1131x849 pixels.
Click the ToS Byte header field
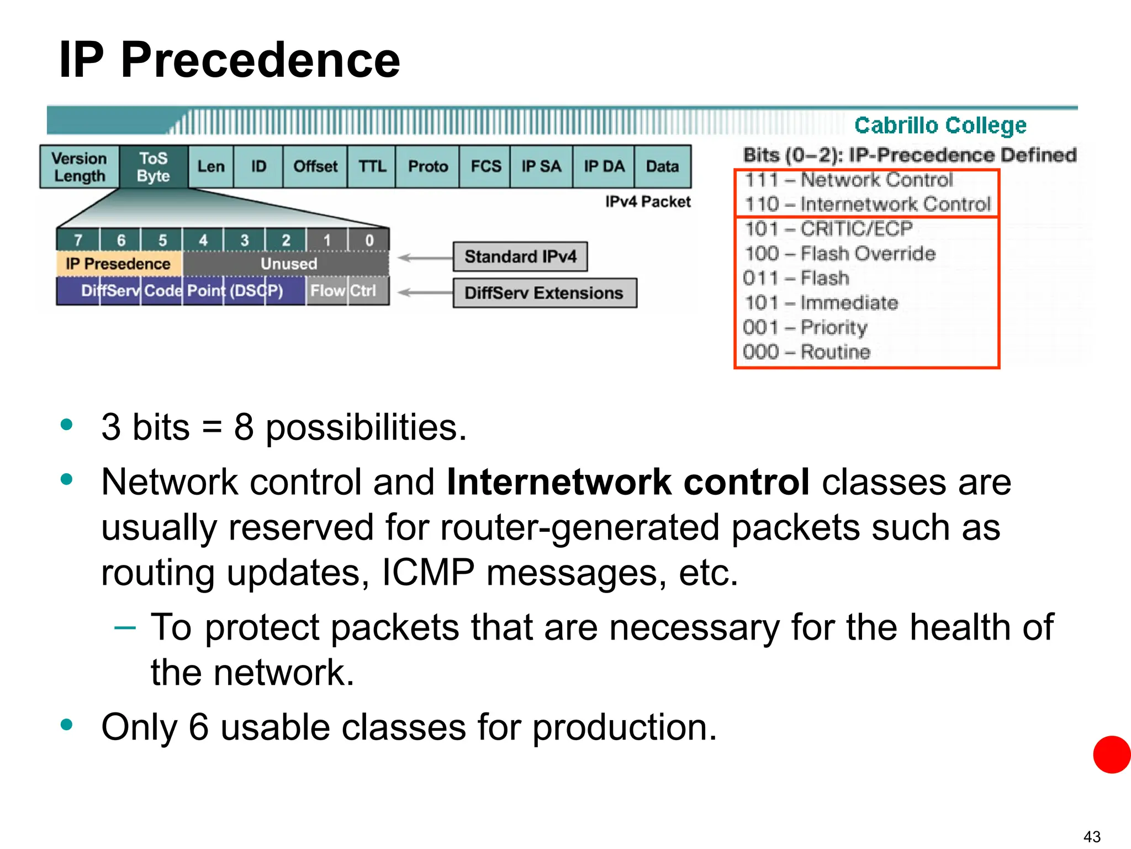coord(154,167)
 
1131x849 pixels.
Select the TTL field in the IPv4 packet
coord(372,167)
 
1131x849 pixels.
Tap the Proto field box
coord(427,167)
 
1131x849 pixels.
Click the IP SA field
coord(541,167)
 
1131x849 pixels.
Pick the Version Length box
coord(80,167)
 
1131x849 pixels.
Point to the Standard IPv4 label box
coord(520,256)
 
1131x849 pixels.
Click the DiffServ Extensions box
coord(544,293)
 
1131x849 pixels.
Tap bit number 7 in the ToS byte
coord(78,240)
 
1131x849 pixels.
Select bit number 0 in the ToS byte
coord(369,240)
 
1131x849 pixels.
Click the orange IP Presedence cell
coord(118,264)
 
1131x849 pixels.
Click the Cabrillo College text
coord(940,125)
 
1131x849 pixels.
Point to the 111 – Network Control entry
coord(848,180)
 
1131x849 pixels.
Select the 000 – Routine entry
coord(806,352)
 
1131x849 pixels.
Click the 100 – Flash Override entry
coord(839,254)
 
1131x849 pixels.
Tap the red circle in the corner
coord(1112,754)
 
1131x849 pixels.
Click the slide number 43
coord(1092,836)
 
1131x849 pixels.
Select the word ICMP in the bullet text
coord(427,573)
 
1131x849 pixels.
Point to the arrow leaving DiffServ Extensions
coord(424,292)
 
